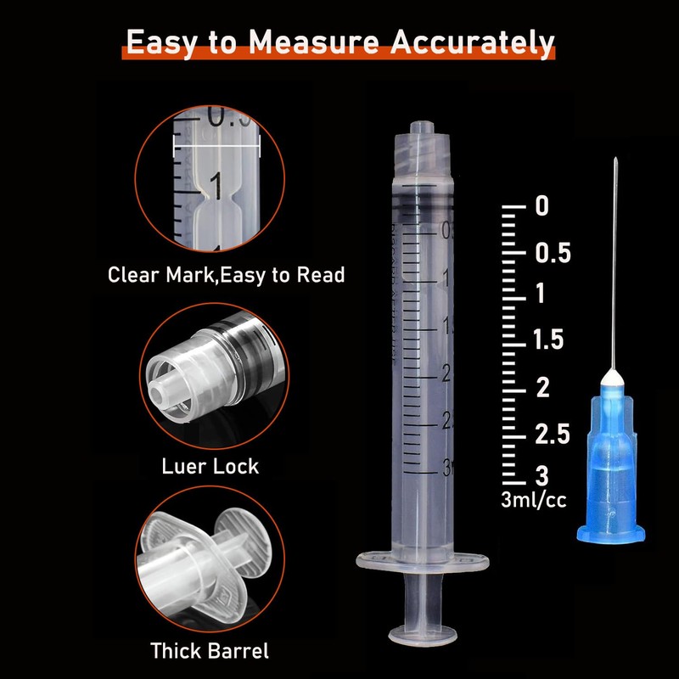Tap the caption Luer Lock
coord(210,466)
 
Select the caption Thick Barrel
coord(210,651)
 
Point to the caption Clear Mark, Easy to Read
coord(226,275)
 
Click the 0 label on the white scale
coord(541,206)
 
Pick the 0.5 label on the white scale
coord(552,253)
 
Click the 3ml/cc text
coord(533,501)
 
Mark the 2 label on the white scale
coord(541,388)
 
